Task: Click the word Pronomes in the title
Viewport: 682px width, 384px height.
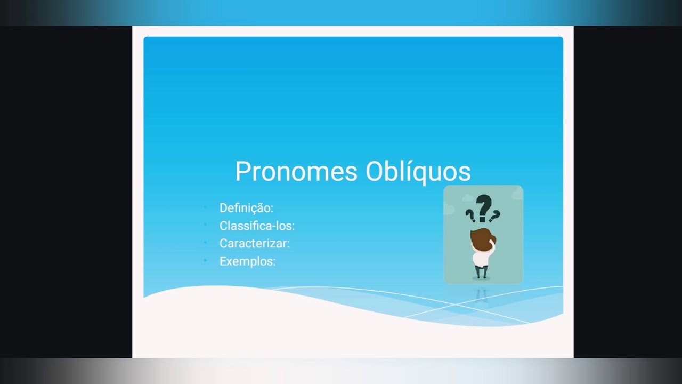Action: (x=296, y=172)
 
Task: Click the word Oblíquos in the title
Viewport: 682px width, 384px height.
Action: (x=418, y=172)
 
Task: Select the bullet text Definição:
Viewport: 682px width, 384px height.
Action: (x=246, y=208)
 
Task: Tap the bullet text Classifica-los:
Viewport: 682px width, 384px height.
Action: (x=257, y=226)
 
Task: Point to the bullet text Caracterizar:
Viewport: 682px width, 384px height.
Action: (x=255, y=243)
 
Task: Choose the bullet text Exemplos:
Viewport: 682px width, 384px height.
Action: (x=247, y=261)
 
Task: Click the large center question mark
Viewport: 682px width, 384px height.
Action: (x=483, y=207)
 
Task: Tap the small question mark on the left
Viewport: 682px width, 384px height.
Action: (x=470, y=215)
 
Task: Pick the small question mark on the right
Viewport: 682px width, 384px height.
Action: (x=495, y=215)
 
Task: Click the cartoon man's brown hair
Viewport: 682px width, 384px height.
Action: (x=481, y=238)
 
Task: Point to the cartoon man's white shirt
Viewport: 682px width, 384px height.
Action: (x=481, y=259)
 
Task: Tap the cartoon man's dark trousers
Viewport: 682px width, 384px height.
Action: (x=481, y=272)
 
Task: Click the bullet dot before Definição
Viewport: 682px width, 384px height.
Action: (x=205, y=207)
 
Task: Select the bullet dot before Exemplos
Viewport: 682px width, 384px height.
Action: (x=205, y=261)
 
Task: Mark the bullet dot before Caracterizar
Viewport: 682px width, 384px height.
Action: (x=205, y=243)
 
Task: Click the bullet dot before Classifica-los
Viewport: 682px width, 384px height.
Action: (x=205, y=225)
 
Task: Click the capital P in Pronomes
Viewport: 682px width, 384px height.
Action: (x=242, y=171)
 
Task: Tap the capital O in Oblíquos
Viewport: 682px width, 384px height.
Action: (x=375, y=171)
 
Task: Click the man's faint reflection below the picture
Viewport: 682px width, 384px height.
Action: (x=481, y=295)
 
